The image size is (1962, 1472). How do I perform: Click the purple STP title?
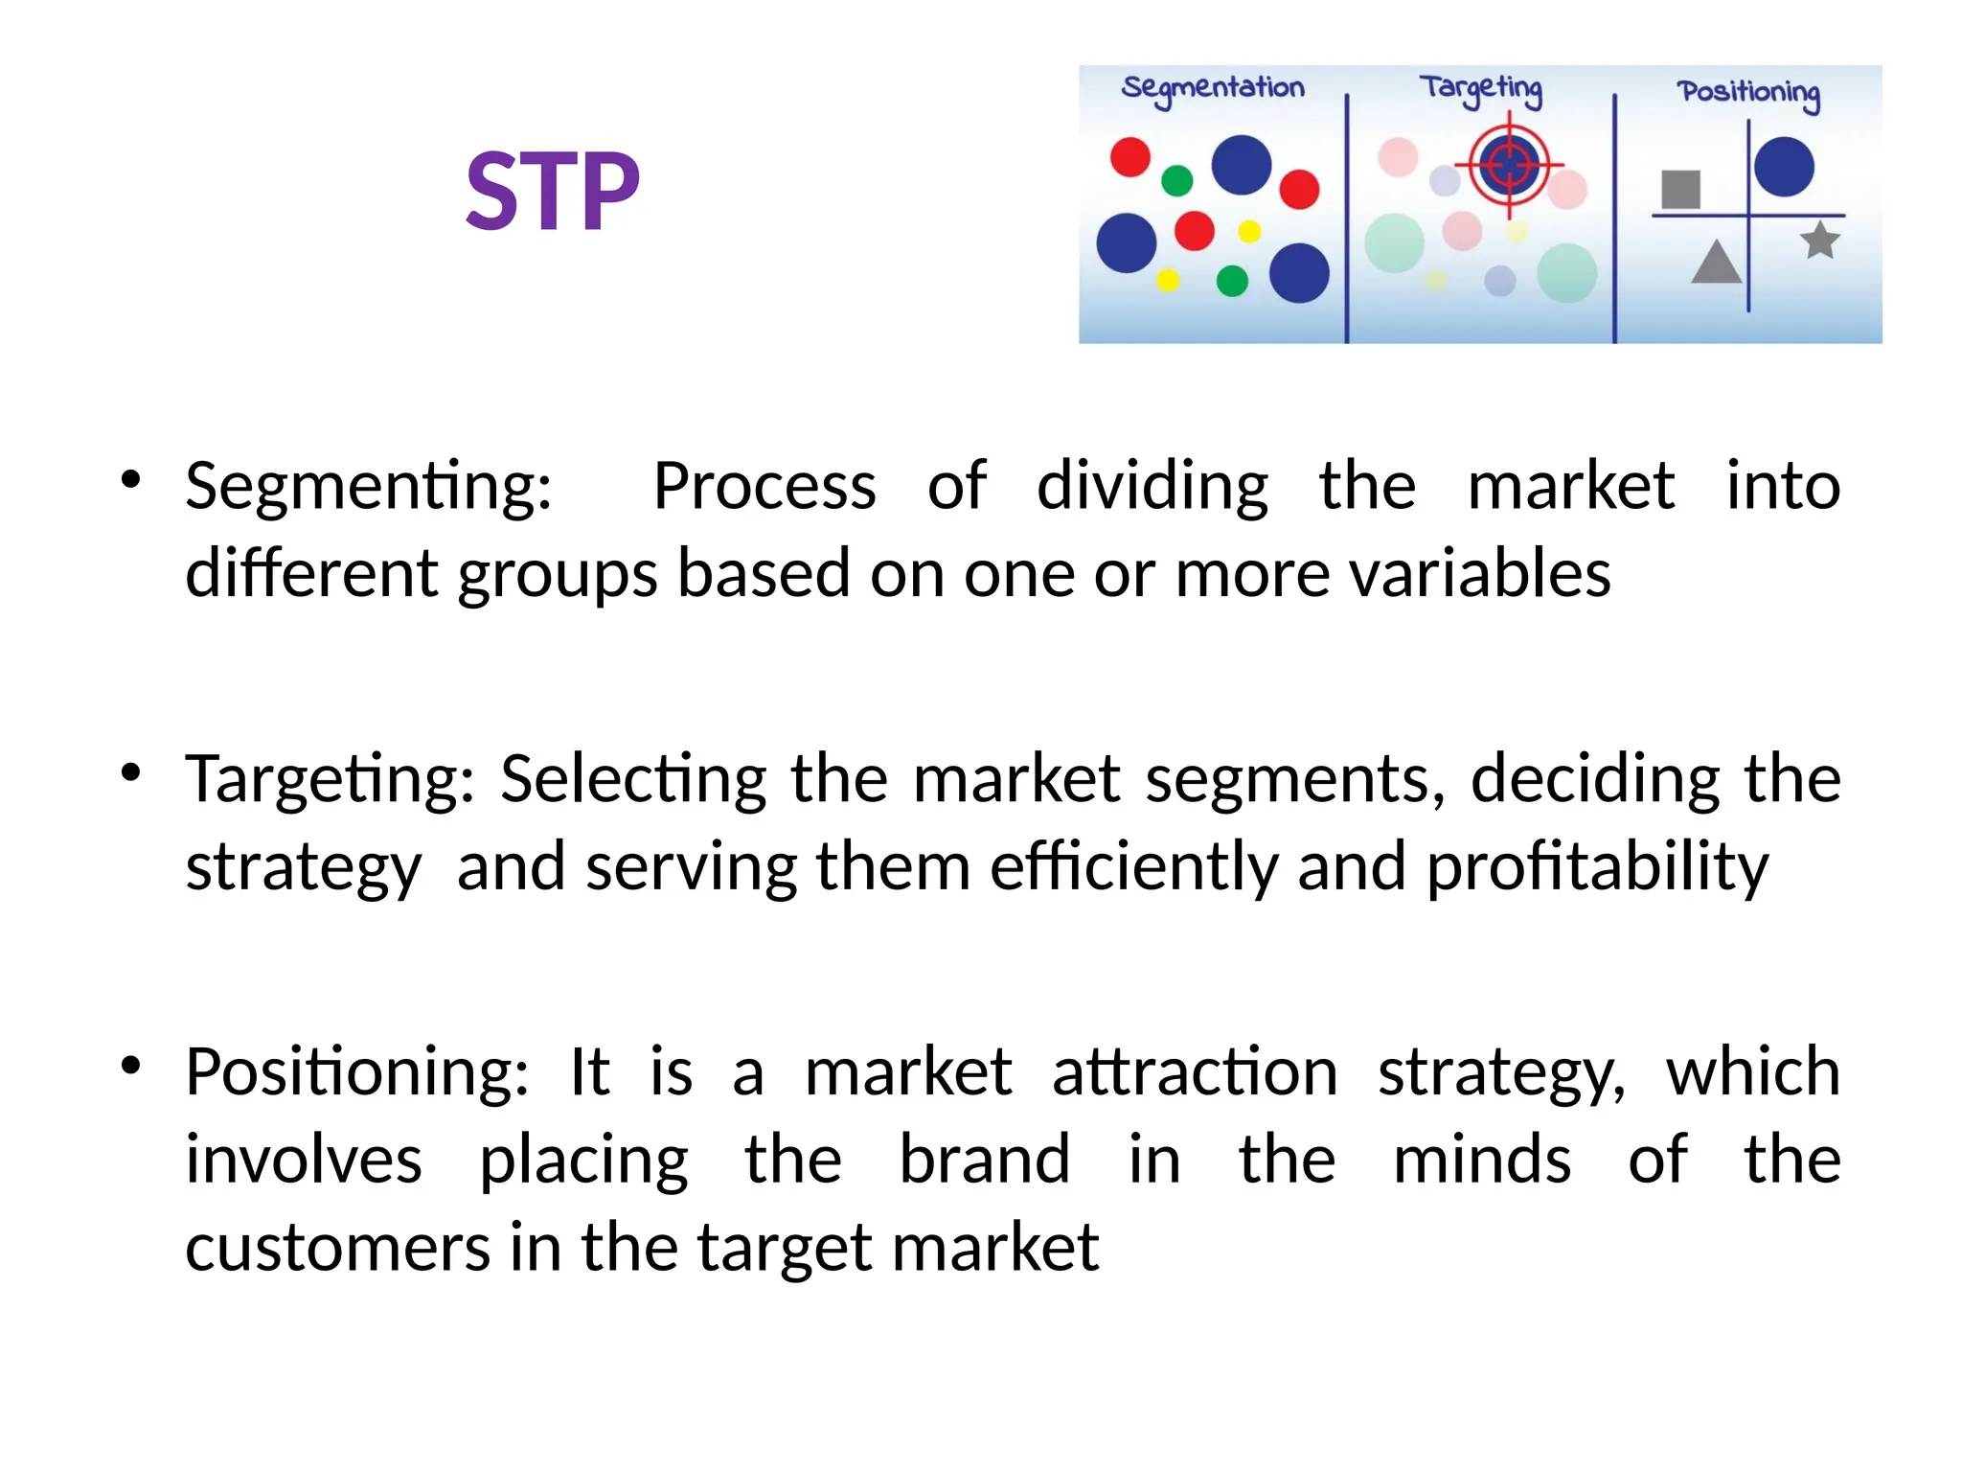[x=552, y=192]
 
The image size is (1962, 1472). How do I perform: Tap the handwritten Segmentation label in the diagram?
[x=1213, y=88]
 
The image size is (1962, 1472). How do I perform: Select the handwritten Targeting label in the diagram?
[x=1481, y=89]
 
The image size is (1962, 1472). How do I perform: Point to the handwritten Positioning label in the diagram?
[x=1748, y=93]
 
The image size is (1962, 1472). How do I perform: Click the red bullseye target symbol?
[x=1510, y=165]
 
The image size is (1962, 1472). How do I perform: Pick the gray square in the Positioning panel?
[x=1680, y=190]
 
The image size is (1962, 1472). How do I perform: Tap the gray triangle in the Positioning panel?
[x=1716, y=263]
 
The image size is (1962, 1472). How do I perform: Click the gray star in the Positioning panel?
[x=1820, y=240]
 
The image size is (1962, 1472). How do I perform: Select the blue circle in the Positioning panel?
[x=1784, y=167]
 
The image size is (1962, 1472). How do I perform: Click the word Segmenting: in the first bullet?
[x=369, y=487]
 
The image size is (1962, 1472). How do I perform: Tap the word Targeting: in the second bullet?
[x=330, y=779]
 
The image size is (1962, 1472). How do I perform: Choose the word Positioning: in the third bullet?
[x=356, y=1071]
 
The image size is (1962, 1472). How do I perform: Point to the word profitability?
[x=1597, y=867]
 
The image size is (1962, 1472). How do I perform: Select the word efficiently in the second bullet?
[x=1133, y=867]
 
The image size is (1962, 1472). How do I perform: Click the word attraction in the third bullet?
[x=1195, y=1071]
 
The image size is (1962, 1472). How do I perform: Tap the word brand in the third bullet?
[x=984, y=1160]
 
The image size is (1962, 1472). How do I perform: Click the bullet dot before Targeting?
[x=132, y=771]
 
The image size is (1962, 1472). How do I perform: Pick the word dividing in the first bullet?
[x=1152, y=487]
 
